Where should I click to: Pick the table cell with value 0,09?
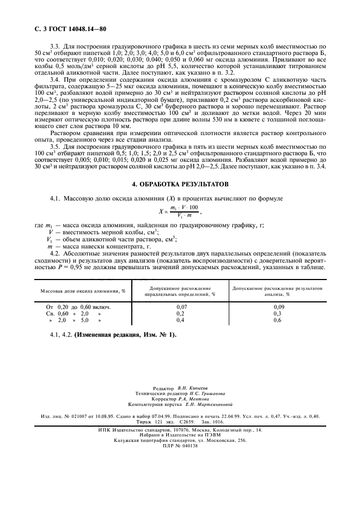click(277, 307)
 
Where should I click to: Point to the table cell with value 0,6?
click(277, 320)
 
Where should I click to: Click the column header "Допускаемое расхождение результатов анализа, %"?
click(277, 290)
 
